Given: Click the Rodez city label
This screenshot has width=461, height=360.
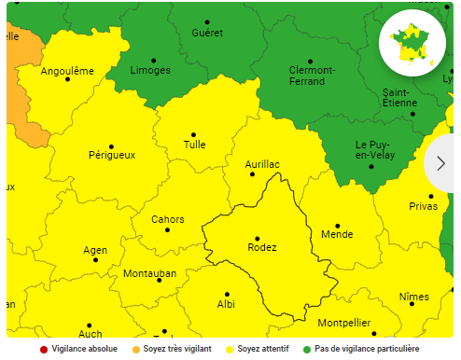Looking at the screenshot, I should [261, 247].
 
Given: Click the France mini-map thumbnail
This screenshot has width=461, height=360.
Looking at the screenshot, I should [412, 43].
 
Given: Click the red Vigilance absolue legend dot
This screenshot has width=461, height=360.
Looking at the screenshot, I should [43, 349].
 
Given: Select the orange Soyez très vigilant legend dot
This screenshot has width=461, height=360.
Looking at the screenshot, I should [134, 349].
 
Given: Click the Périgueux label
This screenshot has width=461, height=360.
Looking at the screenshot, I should [111, 155].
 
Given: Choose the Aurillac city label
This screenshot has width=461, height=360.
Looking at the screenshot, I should [262, 164].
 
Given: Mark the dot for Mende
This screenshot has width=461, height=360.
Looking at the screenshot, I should [337, 226].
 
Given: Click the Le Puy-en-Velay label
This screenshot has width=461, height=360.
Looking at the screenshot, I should [372, 150].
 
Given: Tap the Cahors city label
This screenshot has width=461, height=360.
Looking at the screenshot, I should [167, 220].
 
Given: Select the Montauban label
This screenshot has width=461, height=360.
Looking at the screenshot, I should [149, 274].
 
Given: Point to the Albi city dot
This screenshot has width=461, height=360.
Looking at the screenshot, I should [227, 295].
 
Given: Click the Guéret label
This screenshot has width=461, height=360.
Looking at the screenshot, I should [207, 33].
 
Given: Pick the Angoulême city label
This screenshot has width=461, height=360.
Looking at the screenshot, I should [67, 71].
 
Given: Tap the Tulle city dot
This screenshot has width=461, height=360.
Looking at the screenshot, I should [194, 134].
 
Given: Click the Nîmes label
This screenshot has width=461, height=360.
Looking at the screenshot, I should [413, 297].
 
